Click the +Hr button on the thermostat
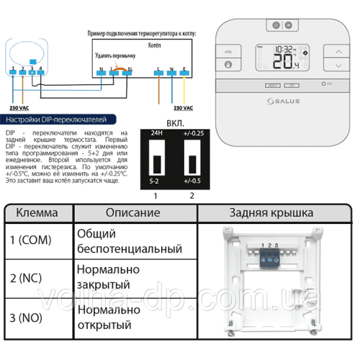coord(228,52)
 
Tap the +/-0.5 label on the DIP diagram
coord(193,179)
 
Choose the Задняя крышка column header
coord(271,213)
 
